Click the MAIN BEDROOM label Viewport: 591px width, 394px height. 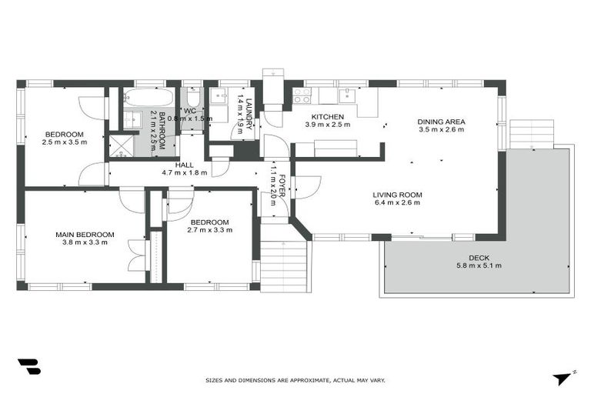[x=84, y=234]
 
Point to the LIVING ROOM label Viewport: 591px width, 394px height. [x=397, y=195]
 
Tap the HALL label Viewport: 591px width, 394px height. [x=183, y=164]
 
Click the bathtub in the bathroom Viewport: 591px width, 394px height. [x=149, y=98]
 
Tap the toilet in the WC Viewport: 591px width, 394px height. [x=193, y=98]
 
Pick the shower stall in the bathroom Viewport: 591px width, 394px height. [x=121, y=145]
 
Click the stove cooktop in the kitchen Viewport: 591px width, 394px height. [x=302, y=95]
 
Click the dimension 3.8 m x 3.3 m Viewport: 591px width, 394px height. [x=84, y=242]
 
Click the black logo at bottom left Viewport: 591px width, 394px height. [x=29, y=367]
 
